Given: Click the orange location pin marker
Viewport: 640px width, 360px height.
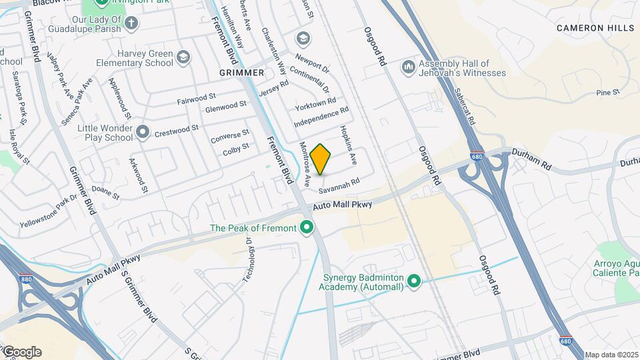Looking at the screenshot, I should point(321,159).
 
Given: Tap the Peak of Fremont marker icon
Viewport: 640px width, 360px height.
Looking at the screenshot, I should point(307,229).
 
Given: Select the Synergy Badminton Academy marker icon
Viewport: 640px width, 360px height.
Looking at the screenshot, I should point(413,282).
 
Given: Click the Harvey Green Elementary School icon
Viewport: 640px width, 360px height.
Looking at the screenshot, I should point(182,59).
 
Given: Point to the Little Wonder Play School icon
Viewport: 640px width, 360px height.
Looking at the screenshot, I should point(142,133).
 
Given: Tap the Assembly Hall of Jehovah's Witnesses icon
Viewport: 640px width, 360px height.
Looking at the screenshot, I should point(408,67).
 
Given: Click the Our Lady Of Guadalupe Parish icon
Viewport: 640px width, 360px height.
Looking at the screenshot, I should point(131,24).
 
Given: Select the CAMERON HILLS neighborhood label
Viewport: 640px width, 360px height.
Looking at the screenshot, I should point(596,28).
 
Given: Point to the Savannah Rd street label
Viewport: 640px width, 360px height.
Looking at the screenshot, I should point(339,181).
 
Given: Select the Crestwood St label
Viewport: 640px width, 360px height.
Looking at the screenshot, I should point(177,131).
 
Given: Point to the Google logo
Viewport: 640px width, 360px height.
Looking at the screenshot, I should point(21,351).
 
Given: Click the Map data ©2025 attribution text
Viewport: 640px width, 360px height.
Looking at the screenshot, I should point(611,355).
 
